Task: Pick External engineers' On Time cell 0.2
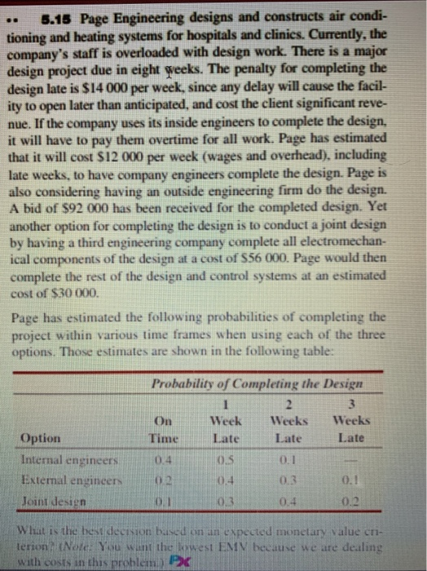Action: click(167, 476)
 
